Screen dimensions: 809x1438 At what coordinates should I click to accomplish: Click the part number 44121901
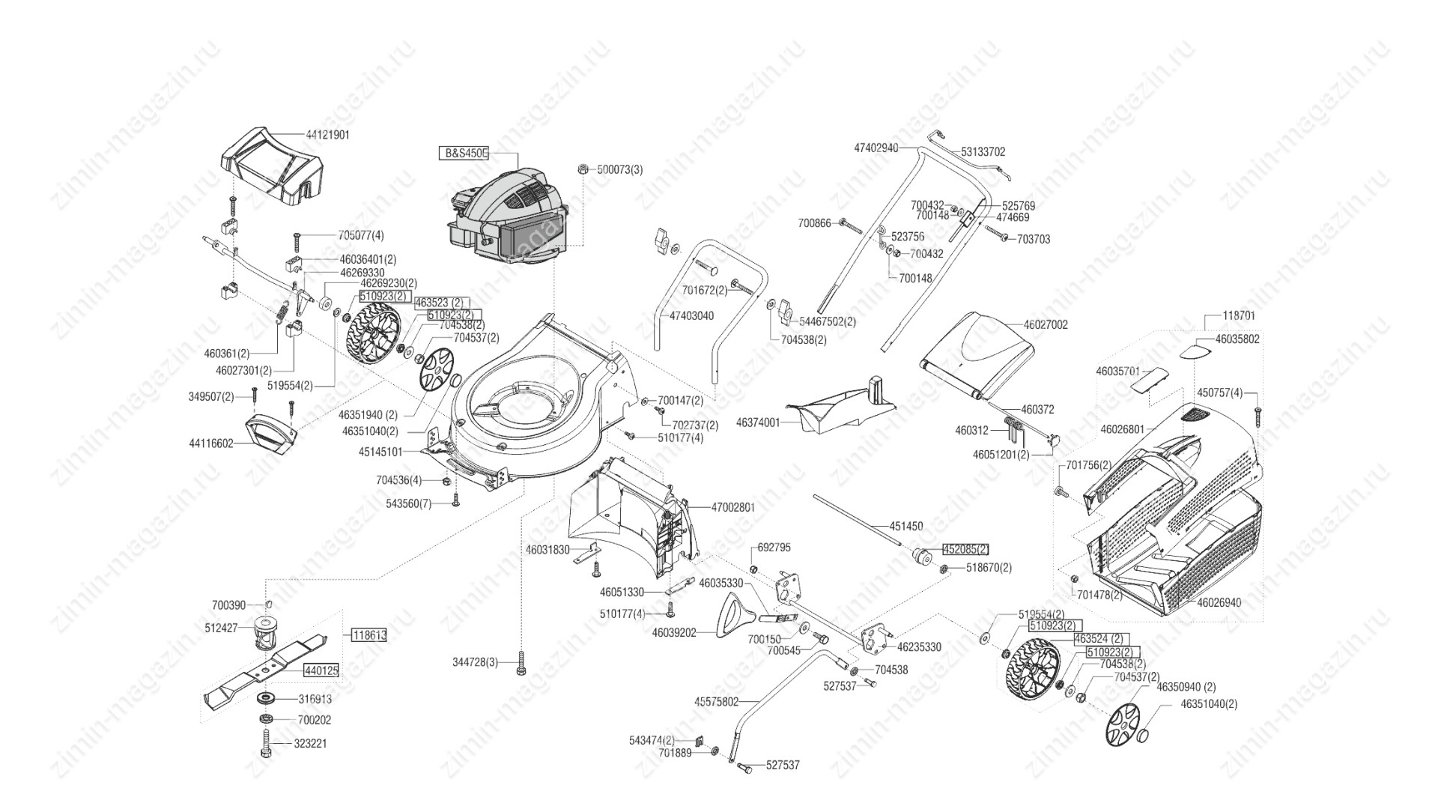327,135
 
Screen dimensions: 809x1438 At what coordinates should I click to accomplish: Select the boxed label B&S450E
463,154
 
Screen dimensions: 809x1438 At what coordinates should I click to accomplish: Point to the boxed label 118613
368,635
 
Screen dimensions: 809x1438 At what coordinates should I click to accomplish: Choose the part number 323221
312,744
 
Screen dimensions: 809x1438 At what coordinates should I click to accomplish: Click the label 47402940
876,148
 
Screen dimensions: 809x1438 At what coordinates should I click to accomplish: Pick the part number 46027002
1046,325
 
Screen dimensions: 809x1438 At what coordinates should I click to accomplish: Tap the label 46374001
758,422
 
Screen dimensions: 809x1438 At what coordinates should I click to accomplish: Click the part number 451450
906,527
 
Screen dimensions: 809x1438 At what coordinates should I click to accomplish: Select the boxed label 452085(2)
965,549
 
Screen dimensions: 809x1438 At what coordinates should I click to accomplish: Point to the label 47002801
733,507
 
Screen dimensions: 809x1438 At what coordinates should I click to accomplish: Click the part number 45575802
717,702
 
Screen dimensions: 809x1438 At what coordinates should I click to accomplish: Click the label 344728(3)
475,662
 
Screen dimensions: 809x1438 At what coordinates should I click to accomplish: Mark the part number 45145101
380,452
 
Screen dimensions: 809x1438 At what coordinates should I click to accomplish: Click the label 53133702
983,151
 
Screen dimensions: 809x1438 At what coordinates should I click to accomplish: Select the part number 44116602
211,443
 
